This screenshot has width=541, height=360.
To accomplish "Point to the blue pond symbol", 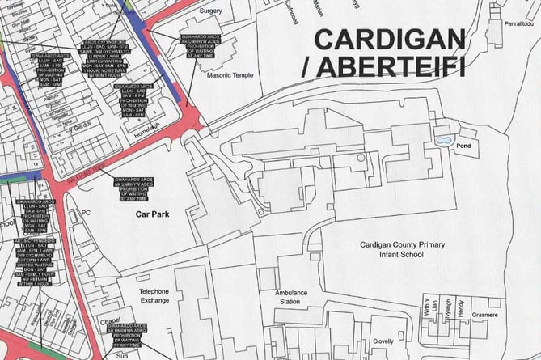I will pos(444,140).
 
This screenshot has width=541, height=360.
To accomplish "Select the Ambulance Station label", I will pos(291,296).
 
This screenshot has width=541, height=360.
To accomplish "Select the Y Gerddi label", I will pos(79,129).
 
